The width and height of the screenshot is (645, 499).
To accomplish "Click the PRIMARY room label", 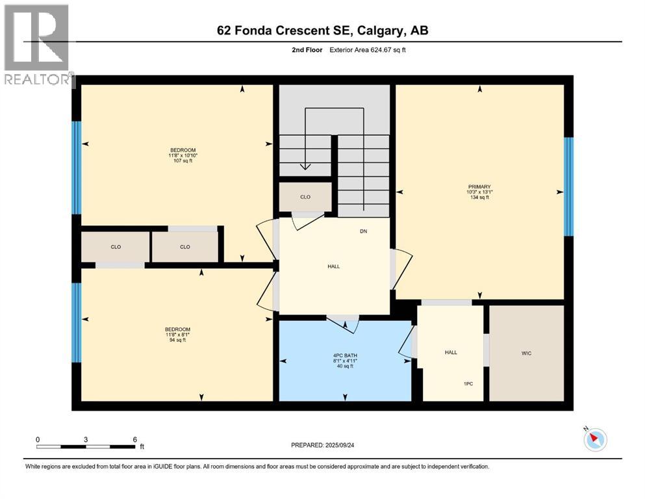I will pos(479,186).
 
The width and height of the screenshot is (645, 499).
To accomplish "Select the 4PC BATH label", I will pos(344,355).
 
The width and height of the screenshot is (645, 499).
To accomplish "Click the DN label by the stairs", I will pos(364,231).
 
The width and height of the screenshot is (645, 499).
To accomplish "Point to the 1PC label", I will pos(468,384).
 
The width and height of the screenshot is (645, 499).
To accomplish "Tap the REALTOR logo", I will pos(37,45).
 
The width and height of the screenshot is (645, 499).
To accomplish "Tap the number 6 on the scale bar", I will pos(134,439).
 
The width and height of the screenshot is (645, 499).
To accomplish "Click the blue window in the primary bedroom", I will pos(569,186).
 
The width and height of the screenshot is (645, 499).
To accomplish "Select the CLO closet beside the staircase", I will pos(305,198).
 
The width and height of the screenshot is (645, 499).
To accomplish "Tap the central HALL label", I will pos(334,266).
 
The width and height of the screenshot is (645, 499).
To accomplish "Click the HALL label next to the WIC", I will pos(451,352).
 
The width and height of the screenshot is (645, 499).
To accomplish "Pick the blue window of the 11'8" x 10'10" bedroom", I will pos(77,167).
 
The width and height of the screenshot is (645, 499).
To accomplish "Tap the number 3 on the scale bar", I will pos(86,439).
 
